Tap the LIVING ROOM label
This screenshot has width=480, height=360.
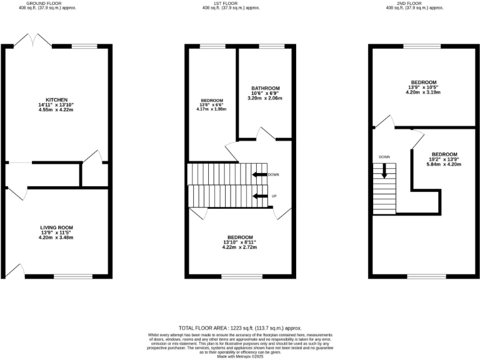56,227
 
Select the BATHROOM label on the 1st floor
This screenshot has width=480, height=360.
266,88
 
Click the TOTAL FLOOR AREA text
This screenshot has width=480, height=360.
240,327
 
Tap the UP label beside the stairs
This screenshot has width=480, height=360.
274,196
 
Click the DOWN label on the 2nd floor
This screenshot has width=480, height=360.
384,157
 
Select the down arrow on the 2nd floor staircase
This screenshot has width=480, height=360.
384,171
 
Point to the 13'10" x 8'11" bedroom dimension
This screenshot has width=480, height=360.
240,242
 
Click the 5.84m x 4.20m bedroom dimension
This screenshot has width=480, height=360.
444,164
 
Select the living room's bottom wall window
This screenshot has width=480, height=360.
72,275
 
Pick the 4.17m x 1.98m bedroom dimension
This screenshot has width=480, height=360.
212,109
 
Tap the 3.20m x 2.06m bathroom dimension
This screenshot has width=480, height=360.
265,98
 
